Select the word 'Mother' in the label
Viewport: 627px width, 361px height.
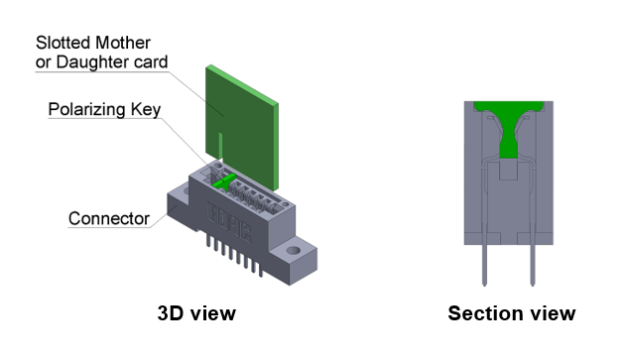click(x=121, y=43)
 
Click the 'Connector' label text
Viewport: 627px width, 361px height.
click(x=108, y=218)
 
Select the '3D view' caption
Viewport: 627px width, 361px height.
click(x=196, y=313)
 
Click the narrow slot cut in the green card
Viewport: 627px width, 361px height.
click(x=219, y=144)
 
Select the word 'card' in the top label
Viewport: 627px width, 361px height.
click(x=148, y=62)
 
